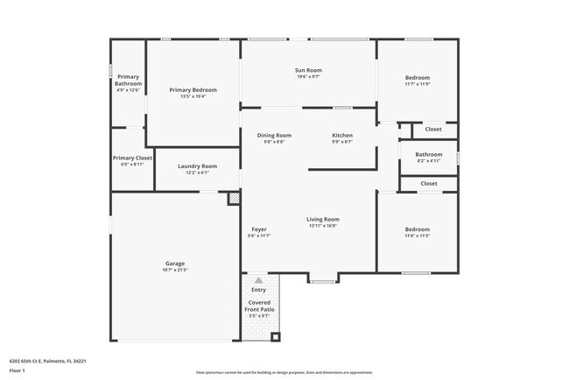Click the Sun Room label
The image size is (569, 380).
[309, 70]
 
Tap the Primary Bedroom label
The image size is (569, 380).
[193, 90]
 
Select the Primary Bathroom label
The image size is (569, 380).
[128, 80]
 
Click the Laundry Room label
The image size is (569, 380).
[197, 165]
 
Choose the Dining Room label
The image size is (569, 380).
[274, 135]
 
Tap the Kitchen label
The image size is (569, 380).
[342, 135]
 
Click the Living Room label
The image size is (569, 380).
[322, 219]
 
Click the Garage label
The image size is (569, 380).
[175, 263]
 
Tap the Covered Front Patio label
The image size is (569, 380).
[259, 306]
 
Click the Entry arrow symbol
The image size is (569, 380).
[258, 279]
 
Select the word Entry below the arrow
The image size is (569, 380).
[258, 290]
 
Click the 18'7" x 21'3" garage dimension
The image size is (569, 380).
[175, 270]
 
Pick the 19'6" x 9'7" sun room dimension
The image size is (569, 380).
[309, 77]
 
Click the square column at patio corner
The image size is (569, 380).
[274, 336]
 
